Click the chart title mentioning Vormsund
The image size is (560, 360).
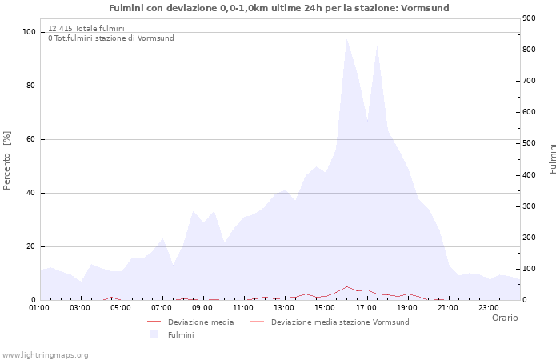coord(279,8)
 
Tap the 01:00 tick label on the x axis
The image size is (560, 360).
coord(39,307)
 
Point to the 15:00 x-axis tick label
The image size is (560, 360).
coord(326,307)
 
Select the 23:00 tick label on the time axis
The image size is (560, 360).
coord(489,307)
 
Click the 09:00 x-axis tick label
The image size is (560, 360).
coord(202,307)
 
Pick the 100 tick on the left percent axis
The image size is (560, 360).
coord(30,32)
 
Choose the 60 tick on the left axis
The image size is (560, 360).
coord(31,139)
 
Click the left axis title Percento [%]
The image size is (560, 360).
coord(8,161)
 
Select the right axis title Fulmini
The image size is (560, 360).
coord(553,158)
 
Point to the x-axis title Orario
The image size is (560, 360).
coord(505,318)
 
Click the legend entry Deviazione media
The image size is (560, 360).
coord(201,322)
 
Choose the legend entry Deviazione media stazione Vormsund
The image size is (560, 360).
coord(340,322)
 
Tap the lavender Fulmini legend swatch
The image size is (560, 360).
coord(154,334)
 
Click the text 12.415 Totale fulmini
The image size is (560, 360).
coord(86,29)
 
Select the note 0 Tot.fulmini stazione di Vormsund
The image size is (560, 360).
coord(110,38)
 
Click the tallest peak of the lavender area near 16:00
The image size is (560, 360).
coord(346,39)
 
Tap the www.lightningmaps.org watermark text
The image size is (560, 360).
coord(46,355)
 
